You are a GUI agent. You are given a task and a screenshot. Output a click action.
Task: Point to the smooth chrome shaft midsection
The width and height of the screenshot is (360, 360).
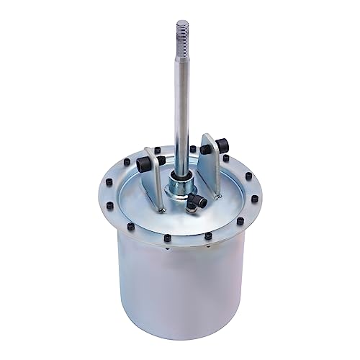(x=179, y=108)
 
